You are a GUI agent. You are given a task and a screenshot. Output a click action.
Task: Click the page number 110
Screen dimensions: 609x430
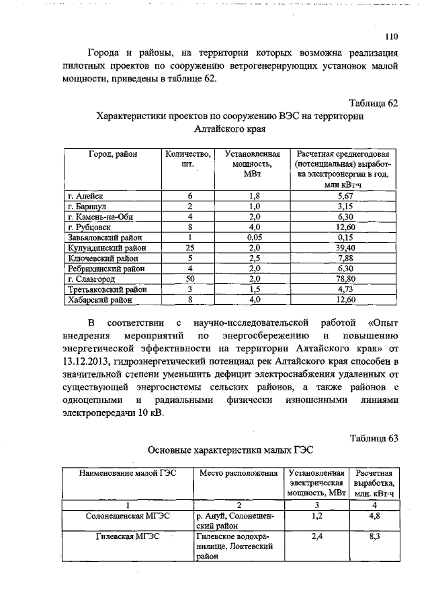392,37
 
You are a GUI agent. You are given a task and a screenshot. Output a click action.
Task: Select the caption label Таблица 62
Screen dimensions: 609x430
375,103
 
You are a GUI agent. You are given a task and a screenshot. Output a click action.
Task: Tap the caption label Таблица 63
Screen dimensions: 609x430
375,439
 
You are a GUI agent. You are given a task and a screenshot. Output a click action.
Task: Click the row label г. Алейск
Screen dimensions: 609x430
85,195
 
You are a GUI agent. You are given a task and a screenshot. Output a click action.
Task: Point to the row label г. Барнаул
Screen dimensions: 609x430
88,205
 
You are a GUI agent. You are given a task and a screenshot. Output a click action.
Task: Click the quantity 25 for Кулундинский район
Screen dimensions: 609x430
190,248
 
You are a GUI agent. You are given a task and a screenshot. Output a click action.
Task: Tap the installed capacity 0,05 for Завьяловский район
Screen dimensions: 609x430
254,237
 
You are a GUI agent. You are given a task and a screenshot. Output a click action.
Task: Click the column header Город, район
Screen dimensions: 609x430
108,153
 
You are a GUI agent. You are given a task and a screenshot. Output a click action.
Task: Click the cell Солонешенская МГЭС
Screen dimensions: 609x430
128,515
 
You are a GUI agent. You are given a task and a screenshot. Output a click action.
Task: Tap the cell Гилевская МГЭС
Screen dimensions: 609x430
128,537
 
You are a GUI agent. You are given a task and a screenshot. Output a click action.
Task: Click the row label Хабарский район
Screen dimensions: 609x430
98,300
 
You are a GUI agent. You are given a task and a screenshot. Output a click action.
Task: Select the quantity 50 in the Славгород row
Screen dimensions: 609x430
190,279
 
